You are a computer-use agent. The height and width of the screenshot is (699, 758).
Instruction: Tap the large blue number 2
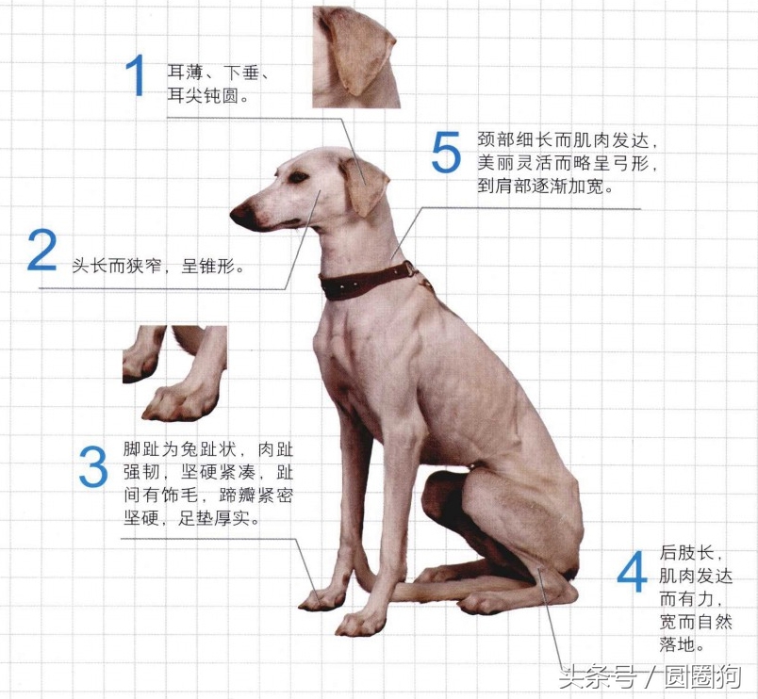(x=42, y=251)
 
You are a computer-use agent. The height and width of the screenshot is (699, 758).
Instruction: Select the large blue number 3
(x=93, y=467)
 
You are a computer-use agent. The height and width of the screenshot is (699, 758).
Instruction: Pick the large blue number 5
(x=446, y=153)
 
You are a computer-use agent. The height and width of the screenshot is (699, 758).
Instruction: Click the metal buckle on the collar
(x=411, y=270)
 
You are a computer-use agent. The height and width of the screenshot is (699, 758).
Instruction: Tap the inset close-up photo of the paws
(x=174, y=373)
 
